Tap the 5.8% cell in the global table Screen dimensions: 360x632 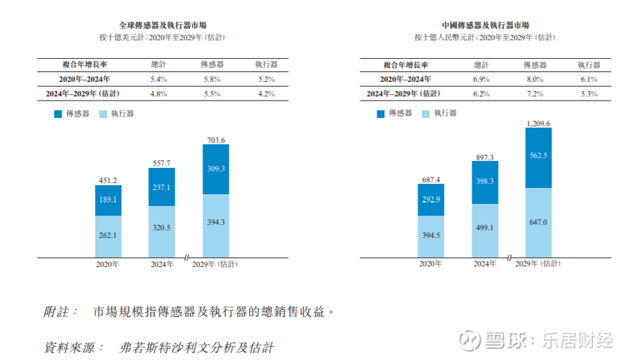pyautogui.click(x=211, y=80)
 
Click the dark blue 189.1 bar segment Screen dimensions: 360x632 pyautogui.click(x=108, y=200)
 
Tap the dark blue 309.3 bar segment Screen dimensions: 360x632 pyautogui.click(x=216, y=169)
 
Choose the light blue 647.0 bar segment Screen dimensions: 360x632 pyautogui.click(x=538, y=222)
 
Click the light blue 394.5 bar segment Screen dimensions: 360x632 pyautogui.click(x=431, y=235)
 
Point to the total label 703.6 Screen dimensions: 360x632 pyautogui.click(x=216, y=139)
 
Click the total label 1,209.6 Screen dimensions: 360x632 pyautogui.click(x=538, y=123)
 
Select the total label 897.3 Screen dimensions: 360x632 pyautogui.click(x=484, y=157)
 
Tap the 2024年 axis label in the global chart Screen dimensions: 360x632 pyautogui.click(x=162, y=264)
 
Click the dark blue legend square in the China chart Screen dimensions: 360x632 pyautogui.click(x=380, y=113)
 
